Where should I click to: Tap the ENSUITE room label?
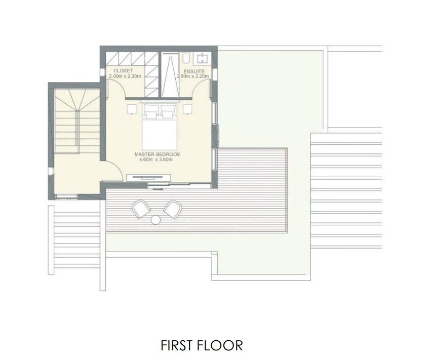click(x=194, y=71)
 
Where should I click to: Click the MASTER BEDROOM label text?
click(x=157, y=154)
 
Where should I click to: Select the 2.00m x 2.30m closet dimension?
click(x=125, y=76)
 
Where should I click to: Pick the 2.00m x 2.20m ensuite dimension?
click(x=191, y=76)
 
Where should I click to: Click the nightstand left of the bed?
click(x=132, y=109)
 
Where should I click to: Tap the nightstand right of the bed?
click(x=188, y=109)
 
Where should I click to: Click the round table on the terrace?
click(x=156, y=219)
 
